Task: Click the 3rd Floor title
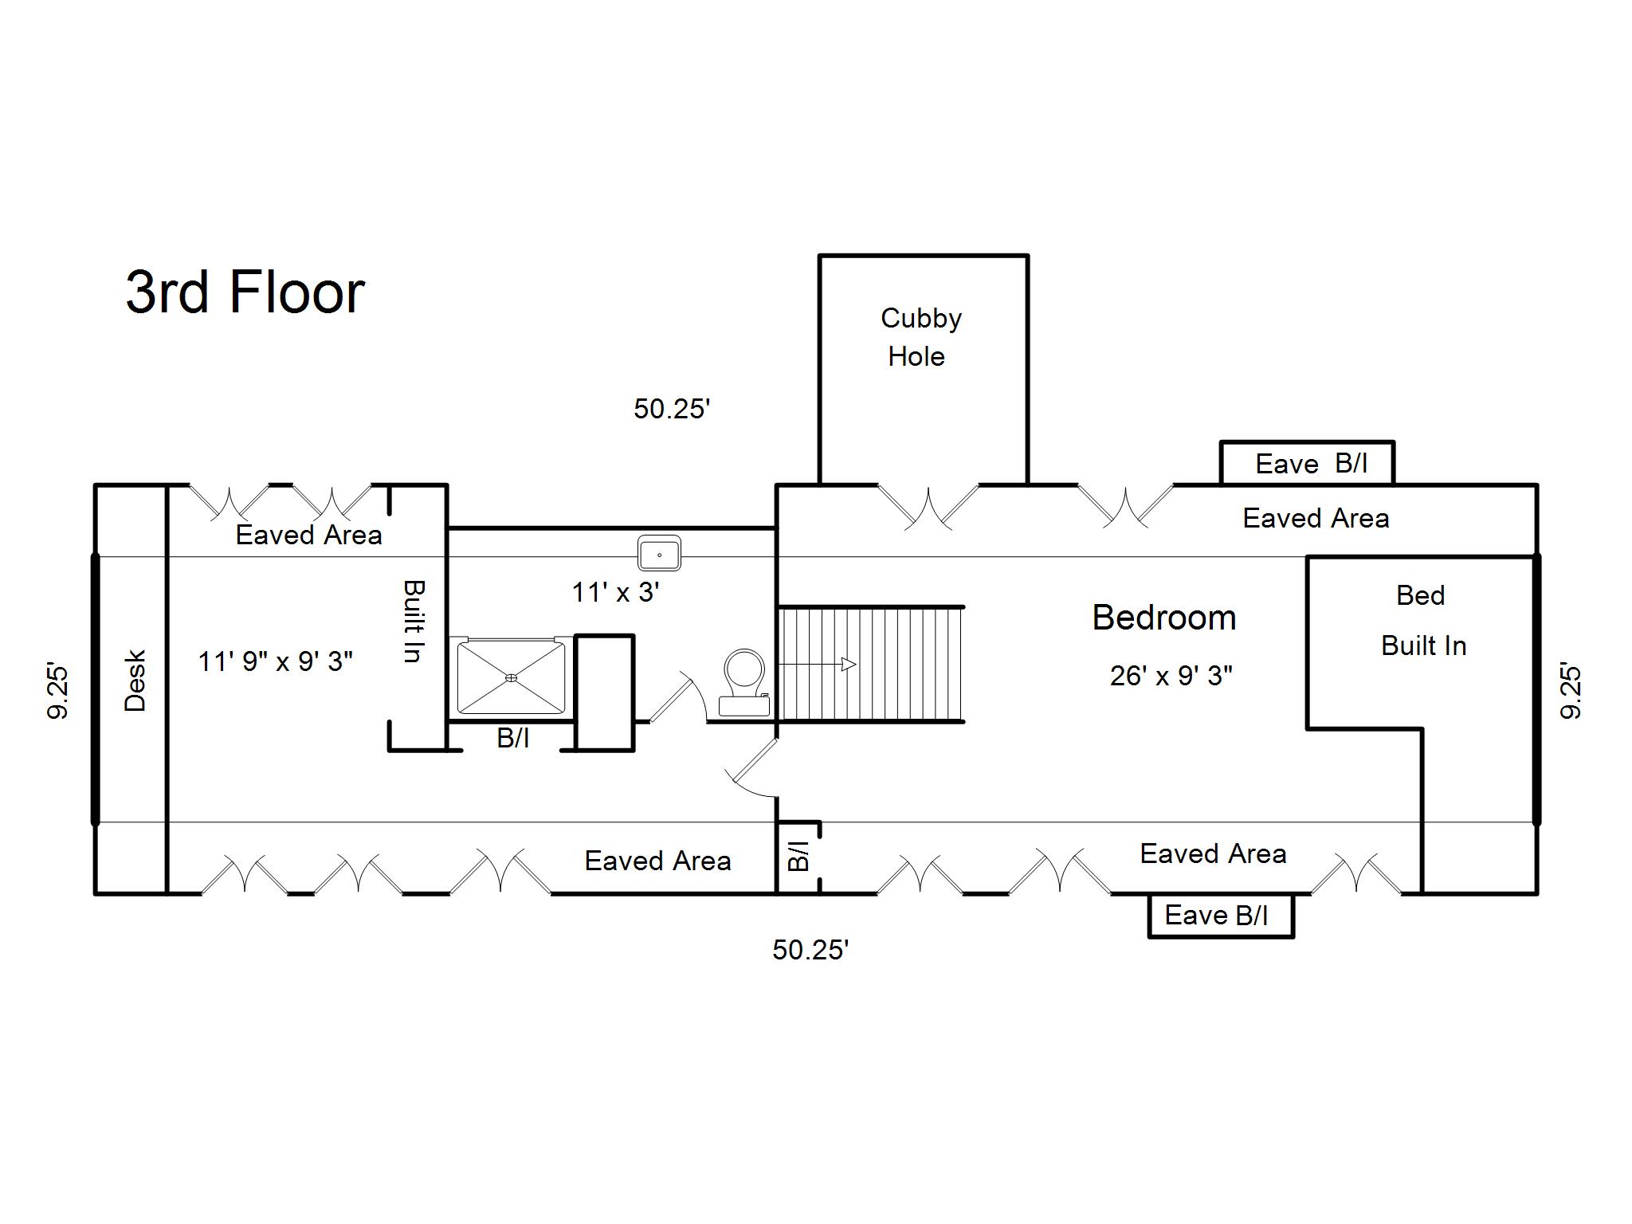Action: [245, 292]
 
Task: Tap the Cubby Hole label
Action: [920, 337]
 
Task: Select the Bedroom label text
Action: [1163, 618]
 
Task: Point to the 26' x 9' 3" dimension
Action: [1171, 676]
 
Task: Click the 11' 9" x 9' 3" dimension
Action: [275, 661]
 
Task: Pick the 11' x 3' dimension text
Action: [615, 592]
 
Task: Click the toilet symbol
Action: [744, 682]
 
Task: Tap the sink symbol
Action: [659, 553]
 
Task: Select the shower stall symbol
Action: [511, 677]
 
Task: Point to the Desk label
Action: [135, 681]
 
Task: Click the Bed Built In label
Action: [1422, 621]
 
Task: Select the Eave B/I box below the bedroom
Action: [1219, 916]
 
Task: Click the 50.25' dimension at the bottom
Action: [810, 950]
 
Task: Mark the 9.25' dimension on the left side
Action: [58, 690]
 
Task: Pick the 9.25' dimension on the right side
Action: [1571, 690]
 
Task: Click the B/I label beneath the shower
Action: [512, 738]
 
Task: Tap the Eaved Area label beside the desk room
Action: [308, 535]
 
